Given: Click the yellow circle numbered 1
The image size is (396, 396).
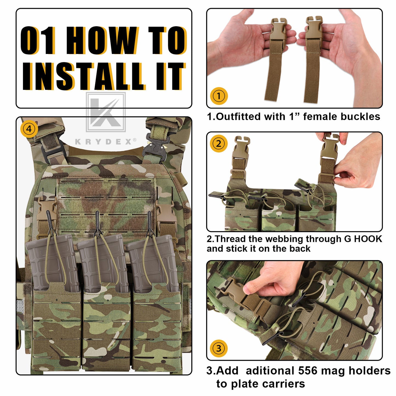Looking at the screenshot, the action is click(219, 96).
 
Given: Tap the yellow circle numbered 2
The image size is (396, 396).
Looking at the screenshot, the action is click(219, 143).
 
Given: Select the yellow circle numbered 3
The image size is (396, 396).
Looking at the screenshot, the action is click(219, 348).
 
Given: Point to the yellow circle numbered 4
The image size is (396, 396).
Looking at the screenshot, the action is click(29, 129).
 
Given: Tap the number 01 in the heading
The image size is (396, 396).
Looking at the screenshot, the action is click(38, 40).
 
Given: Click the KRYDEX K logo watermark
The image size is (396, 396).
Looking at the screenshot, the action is click(106, 112).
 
